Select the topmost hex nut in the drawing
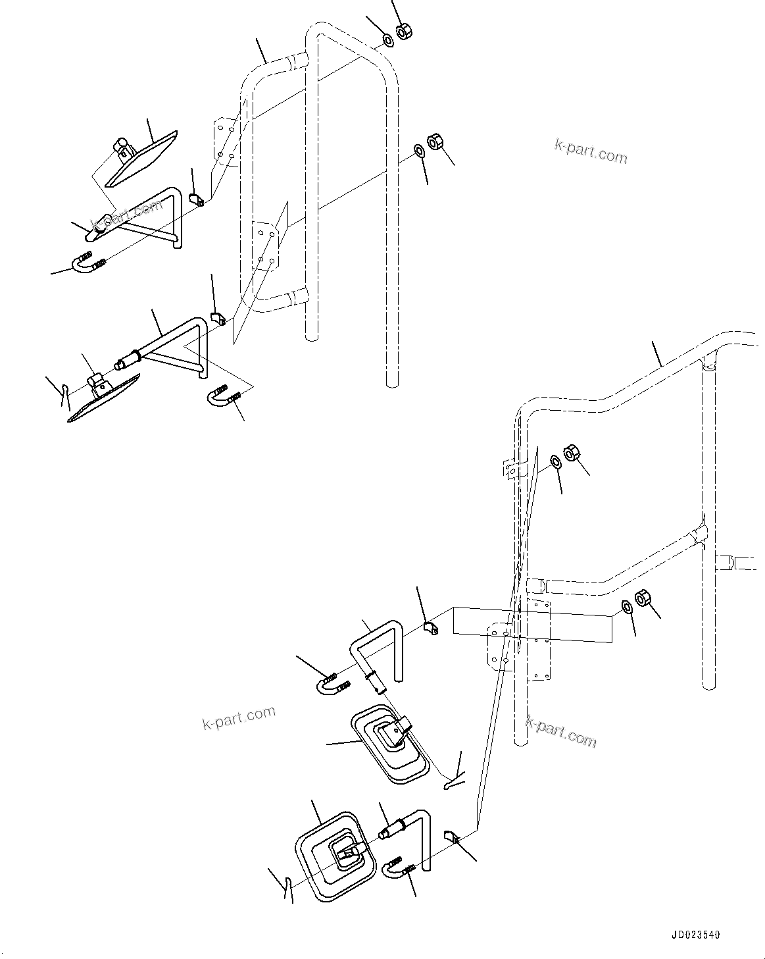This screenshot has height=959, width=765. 404,31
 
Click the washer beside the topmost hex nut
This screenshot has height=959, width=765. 387,41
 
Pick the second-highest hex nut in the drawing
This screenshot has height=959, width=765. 434,142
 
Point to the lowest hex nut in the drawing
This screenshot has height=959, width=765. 642,598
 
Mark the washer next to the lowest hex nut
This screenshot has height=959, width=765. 628,606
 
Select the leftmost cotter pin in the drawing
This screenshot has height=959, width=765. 64,395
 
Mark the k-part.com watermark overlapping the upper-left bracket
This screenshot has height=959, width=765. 128,216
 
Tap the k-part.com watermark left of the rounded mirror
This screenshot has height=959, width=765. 239,719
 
